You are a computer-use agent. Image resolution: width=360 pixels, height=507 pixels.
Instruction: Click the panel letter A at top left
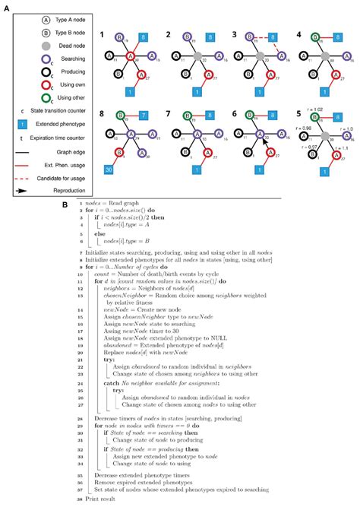pos(7,6)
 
